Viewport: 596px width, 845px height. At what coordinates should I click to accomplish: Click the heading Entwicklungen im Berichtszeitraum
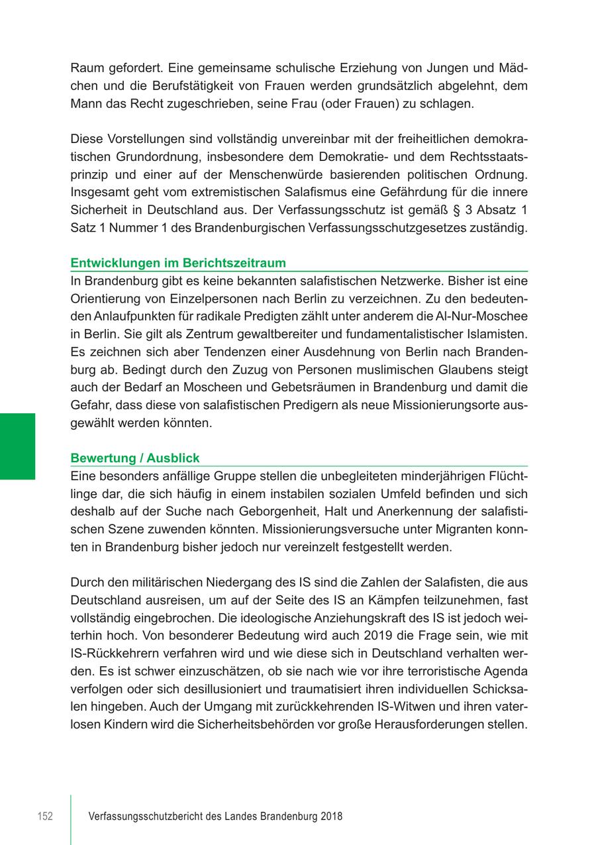point(178,263)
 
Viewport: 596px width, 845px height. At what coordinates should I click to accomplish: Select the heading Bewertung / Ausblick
point(135,458)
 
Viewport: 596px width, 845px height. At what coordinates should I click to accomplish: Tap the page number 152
point(44,817)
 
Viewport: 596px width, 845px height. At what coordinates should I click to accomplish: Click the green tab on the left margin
point(18,445)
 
